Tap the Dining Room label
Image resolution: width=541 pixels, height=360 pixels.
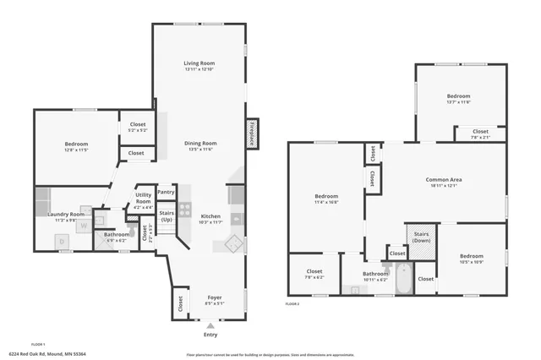(200, 146)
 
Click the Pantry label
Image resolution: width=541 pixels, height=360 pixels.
(166, 192)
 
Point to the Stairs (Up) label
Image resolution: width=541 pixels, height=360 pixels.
(167, 215)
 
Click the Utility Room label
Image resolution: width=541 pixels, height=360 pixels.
(143, 199)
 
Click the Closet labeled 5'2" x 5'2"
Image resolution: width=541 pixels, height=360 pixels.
(136, 127)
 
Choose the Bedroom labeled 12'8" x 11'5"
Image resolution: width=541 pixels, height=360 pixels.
(76, 146)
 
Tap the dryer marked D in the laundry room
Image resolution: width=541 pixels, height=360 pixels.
(63, 241)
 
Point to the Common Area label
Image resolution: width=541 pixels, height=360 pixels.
(443, 183)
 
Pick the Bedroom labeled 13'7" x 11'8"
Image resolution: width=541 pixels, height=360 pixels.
(458, 99)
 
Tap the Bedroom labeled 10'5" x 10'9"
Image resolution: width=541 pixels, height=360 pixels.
(472, 259)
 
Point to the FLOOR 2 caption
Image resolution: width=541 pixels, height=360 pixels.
(293, 303)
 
